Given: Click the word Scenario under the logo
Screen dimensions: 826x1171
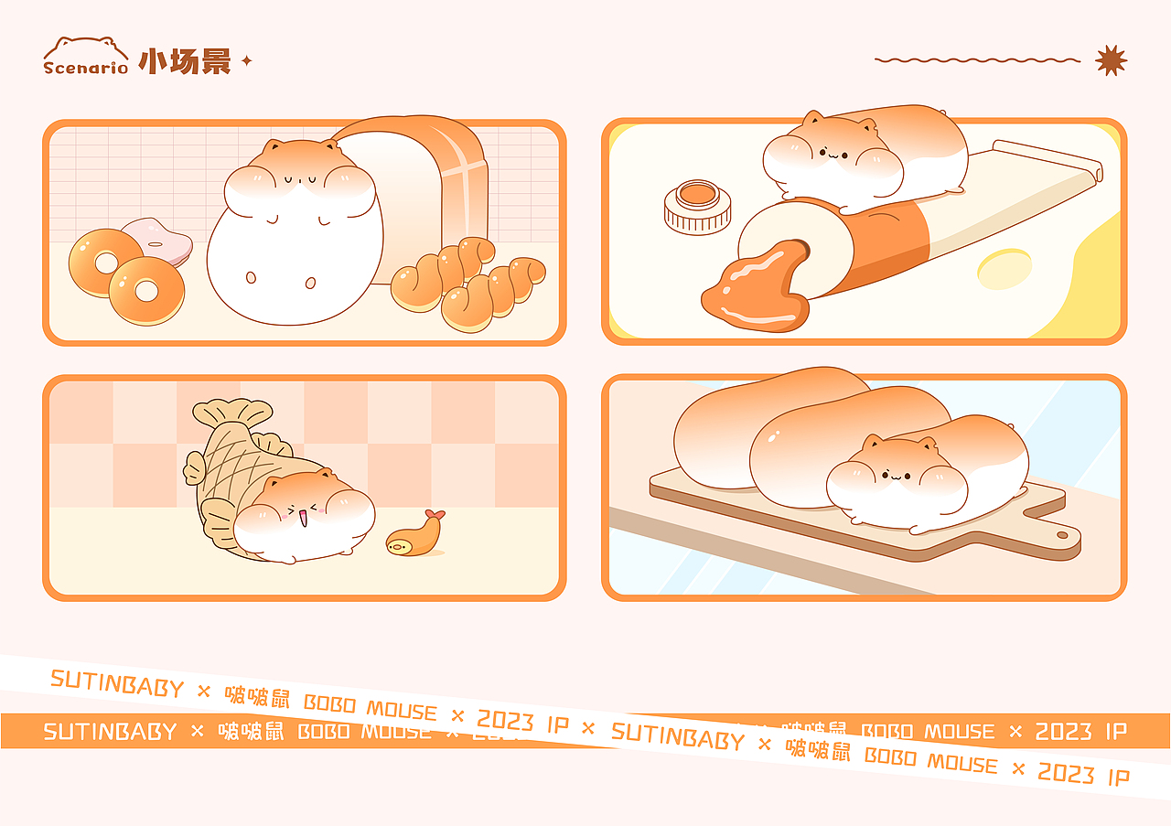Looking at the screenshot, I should click(x=85, y=68).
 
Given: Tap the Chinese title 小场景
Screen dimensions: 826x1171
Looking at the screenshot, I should click(x=184, y=61).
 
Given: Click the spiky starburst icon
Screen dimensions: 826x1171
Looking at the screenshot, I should click(x=1111, y=60).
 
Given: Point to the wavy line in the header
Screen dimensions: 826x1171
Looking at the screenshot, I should click(x=976, y=60).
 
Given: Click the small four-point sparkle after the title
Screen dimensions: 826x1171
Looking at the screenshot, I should click(x=245, y=61).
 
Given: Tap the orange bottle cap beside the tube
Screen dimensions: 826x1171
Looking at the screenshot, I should click(x=698, y=205).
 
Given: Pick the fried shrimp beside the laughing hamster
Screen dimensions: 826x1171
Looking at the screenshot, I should click(x=416, y=538).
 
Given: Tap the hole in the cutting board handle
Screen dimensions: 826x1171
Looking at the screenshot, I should click(x=1062, y=534).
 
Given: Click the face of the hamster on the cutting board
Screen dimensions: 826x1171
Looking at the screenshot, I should click(x=897, y=476).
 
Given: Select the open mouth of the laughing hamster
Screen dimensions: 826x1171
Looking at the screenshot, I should click(x=301, y=519).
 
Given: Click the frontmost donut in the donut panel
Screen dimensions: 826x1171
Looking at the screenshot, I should click(x=146, y=291).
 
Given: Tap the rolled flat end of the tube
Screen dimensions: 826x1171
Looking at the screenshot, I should click(x=1048, y=160).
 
